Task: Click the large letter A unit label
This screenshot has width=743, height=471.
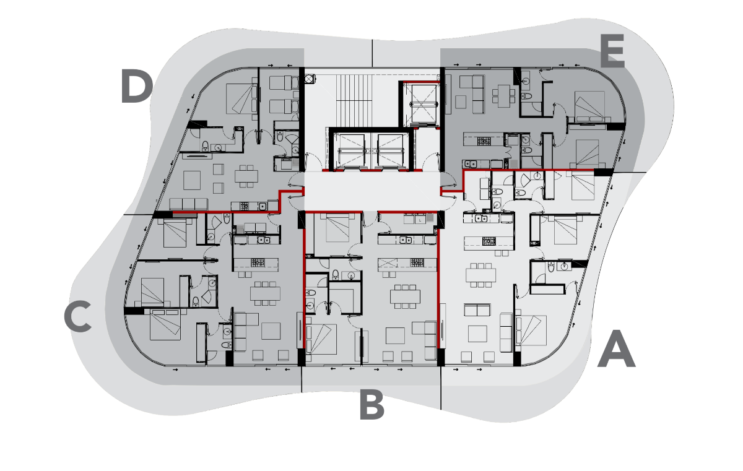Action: pyautogui.click(x=616, y=348)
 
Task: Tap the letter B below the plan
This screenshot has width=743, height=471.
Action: pyautogui.click(x=372, y=404)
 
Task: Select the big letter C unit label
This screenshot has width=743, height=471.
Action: pyautogui.click(x=77, y=316)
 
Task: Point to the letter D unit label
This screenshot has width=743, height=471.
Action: pyautogui.click(x=137, y=85)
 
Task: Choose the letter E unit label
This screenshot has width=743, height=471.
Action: pyautogui.click(x=612, y=51)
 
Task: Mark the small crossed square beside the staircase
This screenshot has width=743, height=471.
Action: pyautogui.click(x=310, y=79)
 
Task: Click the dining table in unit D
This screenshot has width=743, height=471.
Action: pyautogui.click(x=246, y=176)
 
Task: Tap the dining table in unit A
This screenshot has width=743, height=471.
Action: pyautogui.click(x=480, y=275)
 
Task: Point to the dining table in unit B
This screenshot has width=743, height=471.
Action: pyautogui.click(x=405, y=296)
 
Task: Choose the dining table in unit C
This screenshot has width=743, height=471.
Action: pyautogui.click(x=265, y=293)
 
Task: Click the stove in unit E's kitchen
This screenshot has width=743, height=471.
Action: pyautogui.click(x=484, y=141)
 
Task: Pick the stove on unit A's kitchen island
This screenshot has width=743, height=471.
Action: pyautogui.click(x=489, y=241)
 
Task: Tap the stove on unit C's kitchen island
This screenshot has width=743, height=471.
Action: pyautogui.click(x=258, y=262)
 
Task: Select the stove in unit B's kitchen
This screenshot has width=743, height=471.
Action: pyautogui.click(x=417, y=262)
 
